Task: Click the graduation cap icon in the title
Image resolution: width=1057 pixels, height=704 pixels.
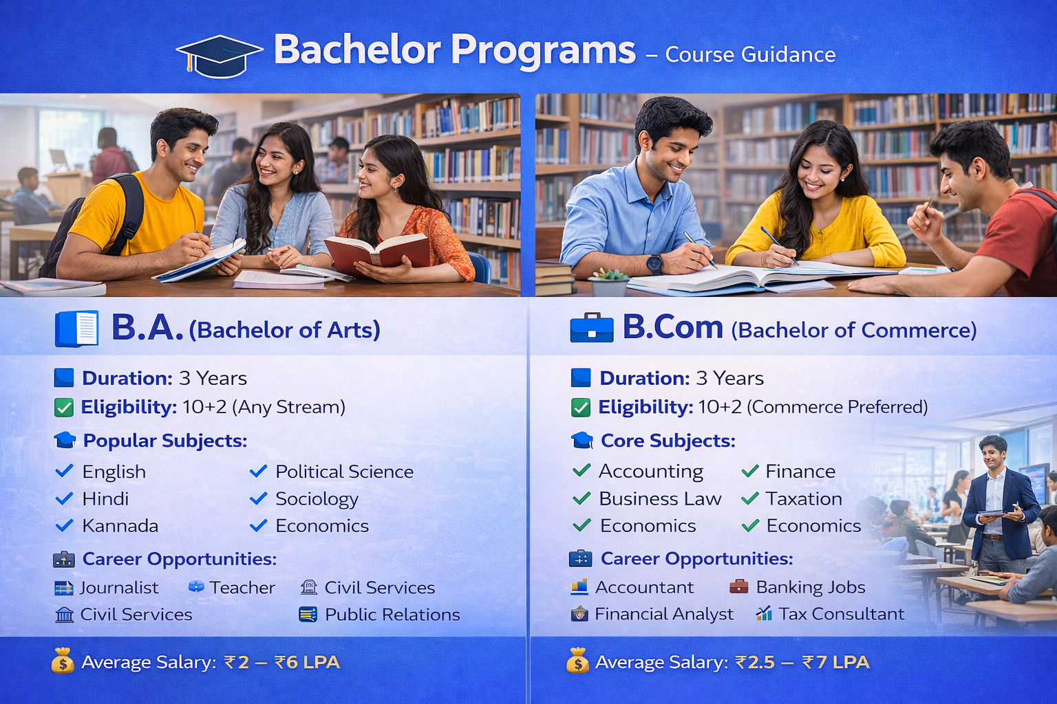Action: [x=219, y=55]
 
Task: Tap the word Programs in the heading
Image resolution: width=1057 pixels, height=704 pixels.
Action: [x=543, y=50]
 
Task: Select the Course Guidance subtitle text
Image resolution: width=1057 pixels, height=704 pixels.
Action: [x=750, y=54]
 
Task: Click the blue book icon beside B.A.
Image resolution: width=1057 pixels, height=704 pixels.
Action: [x=76, y=329]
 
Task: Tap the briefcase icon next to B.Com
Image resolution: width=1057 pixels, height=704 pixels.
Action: [x=591, y=328]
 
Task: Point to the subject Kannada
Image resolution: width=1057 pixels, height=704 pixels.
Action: [x=120, y=526]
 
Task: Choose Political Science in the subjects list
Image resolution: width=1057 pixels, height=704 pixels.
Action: [x=344, y=472]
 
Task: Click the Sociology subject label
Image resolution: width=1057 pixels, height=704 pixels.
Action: [x=317, y=499]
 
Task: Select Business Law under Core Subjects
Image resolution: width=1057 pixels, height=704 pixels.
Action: [x=659, y=498]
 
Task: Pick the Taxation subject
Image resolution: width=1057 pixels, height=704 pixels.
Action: [x=803, y=498]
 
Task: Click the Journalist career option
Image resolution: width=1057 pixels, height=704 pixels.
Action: [x=118, y=588]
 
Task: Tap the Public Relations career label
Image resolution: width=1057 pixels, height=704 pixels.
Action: [x=392, y=615]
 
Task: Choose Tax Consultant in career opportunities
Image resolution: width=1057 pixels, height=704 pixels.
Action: [x=841, y=614]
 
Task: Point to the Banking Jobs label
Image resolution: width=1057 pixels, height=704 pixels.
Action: [x=810, y=587]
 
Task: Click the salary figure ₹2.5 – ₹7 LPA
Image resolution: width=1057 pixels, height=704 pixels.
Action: [x=802, y=662]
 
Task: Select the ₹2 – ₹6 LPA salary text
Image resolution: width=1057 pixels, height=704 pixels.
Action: [x=281, y=662]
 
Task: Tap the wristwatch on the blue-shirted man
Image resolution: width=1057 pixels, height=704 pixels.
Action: [x=654, y=263]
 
